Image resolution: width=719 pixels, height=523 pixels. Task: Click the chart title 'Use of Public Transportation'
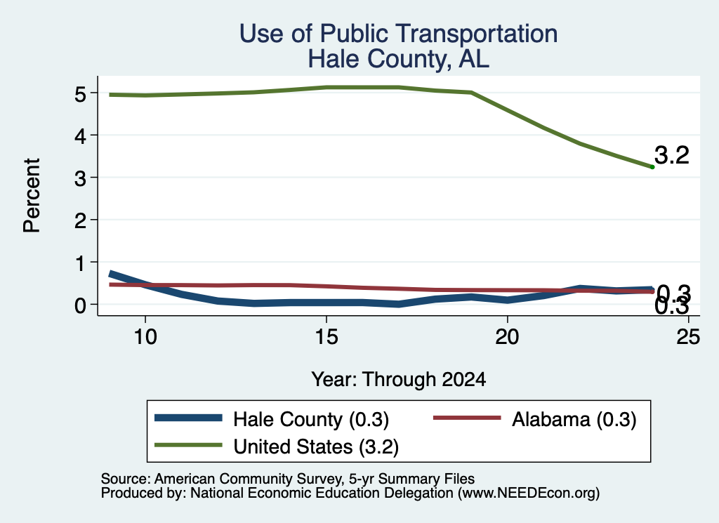(399, 34)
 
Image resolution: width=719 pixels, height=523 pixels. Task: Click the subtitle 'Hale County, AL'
(399, 59)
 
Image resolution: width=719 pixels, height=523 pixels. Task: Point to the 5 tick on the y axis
(81, 94)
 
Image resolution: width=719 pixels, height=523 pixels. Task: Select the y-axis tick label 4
(81, 136)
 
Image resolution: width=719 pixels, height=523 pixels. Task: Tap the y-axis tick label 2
(81, 221)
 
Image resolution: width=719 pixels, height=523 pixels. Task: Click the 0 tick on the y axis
(81, 305)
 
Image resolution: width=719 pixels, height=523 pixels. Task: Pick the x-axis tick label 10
(145, 337)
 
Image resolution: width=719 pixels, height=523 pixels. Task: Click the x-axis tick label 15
(326, 337)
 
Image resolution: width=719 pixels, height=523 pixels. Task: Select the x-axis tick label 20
(507, 337)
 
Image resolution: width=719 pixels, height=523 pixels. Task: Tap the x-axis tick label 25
(688, 337)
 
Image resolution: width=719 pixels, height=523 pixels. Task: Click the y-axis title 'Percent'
(32, 195)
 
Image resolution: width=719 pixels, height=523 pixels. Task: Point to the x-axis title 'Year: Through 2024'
(399, 380)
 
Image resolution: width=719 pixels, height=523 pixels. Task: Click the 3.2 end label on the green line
(672, 155)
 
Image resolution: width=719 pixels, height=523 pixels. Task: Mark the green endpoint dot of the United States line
(652, 167)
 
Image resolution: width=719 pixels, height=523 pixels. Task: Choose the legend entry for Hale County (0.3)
(272, 419)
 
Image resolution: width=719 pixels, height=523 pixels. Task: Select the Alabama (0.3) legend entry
(535, 419)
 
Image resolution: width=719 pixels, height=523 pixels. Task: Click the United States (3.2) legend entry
(277, 446)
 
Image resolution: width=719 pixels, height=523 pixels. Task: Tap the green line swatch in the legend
(188, 445)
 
